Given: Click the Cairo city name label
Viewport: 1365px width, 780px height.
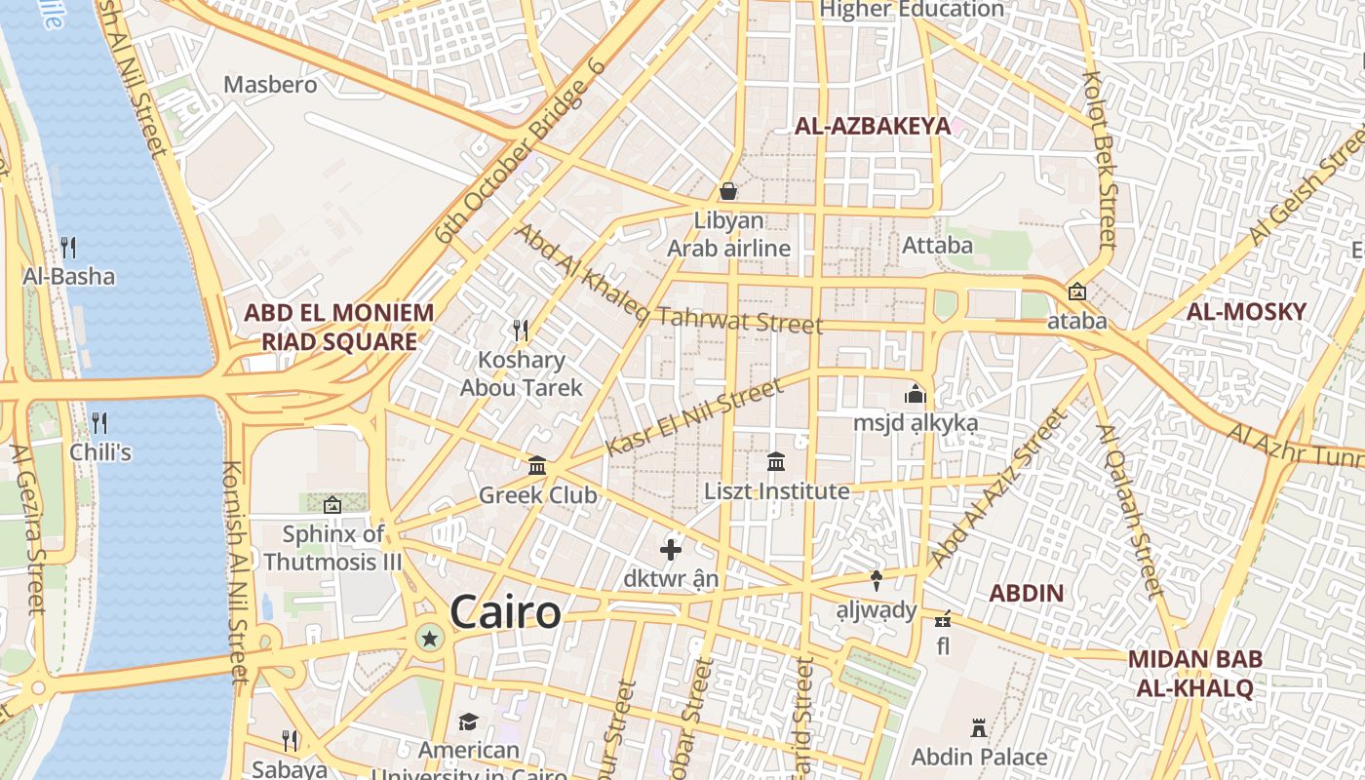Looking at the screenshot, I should tap(505, 612).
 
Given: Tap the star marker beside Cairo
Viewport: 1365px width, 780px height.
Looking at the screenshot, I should tap(429, 639).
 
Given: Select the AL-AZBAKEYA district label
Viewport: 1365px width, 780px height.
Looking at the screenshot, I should tap(872, 126).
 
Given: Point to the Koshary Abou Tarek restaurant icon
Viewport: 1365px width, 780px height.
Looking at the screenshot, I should tap(521, 330).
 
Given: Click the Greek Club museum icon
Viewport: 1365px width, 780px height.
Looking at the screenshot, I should tap(537, 466).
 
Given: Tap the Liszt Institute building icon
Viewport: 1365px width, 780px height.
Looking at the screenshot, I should tap(776, 461).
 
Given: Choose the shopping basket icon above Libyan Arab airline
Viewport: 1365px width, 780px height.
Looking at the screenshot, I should tap(728, 190).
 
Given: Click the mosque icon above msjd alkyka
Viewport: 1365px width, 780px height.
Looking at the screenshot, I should tap(915, 395).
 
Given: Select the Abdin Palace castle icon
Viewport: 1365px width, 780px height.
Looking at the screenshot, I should tap(979, 727).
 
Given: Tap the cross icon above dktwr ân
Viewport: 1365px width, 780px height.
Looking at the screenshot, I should tap(671, 550).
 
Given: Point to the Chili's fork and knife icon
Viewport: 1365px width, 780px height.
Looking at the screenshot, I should tap(99, 423).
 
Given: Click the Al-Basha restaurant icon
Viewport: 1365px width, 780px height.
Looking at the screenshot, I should tap(68, 247).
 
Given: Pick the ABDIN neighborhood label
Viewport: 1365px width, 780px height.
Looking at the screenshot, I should tap(1026, 593).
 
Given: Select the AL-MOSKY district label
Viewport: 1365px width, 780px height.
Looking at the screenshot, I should tap(1246, 312).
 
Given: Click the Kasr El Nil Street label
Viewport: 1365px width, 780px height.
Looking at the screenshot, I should tap(694, 417).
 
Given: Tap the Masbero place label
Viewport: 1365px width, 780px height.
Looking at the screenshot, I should tap(270, 85).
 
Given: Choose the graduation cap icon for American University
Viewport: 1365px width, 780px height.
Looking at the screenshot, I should tap(469, 721).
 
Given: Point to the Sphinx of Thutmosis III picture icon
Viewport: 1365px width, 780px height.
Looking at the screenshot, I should tap(332, 505).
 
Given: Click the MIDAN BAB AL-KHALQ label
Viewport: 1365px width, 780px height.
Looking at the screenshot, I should tap(1194, 673).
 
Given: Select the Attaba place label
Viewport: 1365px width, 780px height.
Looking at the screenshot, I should tap(937, 245).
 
